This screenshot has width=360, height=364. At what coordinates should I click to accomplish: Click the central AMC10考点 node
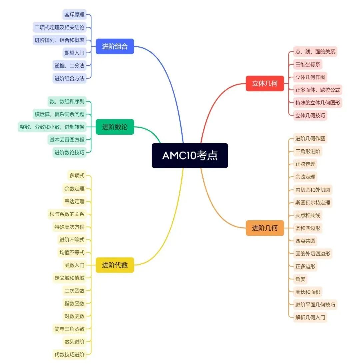(x=190, y=155)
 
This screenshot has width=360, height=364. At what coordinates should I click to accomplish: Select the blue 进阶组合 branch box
(x=115, y=46)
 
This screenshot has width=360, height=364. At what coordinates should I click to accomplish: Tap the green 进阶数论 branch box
(x=115, y=127)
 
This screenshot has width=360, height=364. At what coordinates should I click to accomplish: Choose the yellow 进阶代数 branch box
(x=115, y=265)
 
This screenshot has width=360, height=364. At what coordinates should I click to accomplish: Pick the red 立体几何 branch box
(x=265, y=83)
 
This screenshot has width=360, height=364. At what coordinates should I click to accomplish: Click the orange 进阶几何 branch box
(x=265, y=228)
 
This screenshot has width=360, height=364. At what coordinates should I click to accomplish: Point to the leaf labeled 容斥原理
(x=74, y=15)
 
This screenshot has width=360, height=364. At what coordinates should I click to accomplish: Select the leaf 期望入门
(x=74, y=53)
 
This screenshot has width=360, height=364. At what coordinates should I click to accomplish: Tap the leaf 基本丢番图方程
(x=67, y=140)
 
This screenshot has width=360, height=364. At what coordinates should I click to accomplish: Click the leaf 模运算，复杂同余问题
(x=59, y=114)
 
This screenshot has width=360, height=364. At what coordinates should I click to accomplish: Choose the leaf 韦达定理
(x=74, y=201)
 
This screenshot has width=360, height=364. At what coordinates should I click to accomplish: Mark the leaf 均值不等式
(x=72, y=252)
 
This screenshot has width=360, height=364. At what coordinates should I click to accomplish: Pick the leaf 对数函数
(x=74, y=316)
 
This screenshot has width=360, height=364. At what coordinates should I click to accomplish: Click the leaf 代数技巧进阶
(x=69, y=354)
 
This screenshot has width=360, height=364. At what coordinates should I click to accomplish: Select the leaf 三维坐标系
(x=308, y=64)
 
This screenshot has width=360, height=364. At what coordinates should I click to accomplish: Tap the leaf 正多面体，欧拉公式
(x=318, y=90)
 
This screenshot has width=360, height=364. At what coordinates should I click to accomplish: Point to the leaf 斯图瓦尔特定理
(x=313, y=203)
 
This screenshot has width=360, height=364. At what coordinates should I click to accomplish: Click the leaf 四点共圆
(x=305, y=241)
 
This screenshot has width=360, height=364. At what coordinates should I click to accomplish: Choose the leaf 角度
(x=300, y=279)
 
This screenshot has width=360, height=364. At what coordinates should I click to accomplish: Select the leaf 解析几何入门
(x=310, y=317)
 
